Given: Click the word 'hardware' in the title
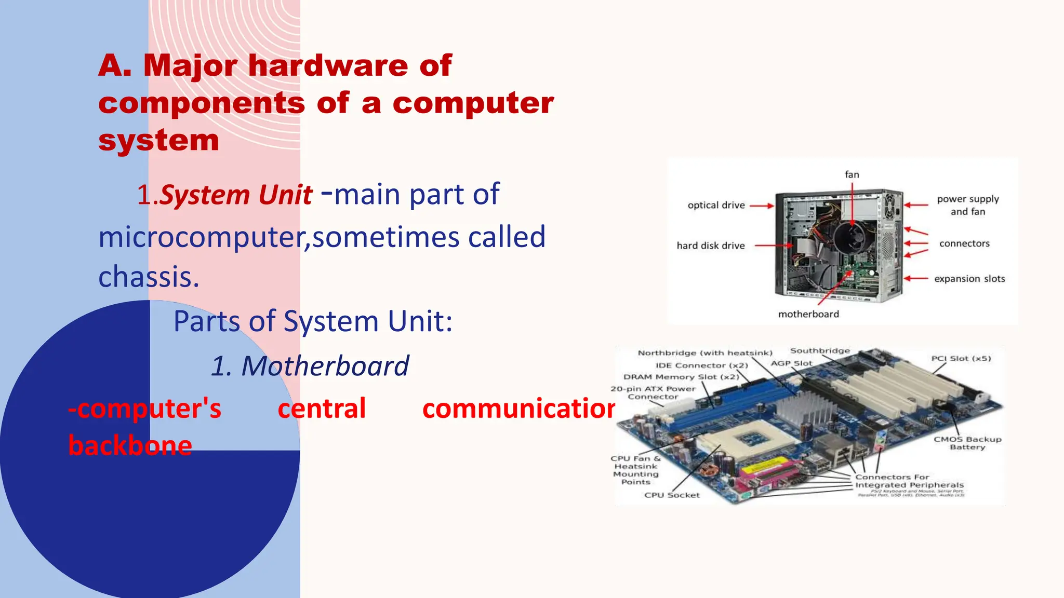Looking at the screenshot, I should click(x=328, y=66).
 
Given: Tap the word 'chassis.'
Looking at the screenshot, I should click(x=149, y=277).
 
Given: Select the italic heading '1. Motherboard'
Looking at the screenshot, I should click(x=310, y=366).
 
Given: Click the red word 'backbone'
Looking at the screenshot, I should click(x=130, y=445).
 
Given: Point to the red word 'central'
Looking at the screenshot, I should click(x=322, y=408).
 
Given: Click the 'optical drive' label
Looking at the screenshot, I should click(x=716, y=205).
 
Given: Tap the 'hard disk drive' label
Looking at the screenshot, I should click(x=710, y=246).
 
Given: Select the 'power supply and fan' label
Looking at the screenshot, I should click(x=967, y=205).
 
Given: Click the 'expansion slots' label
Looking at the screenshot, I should click(x=969, y=279).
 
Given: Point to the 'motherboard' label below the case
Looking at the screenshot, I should click(x=808, y=314).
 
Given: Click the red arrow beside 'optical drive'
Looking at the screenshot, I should click(x=762, y=206).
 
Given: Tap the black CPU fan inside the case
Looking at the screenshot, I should click(x=852, y=237).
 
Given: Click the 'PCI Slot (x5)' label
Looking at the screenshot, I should click(x=961, y=359).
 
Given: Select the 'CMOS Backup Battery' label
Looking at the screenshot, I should click(x=967, y=443).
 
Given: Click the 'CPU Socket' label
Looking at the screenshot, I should click(x=672, y=495).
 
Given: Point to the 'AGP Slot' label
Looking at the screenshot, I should click(x=791, y=363).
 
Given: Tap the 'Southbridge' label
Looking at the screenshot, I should click(x=820, y=351).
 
